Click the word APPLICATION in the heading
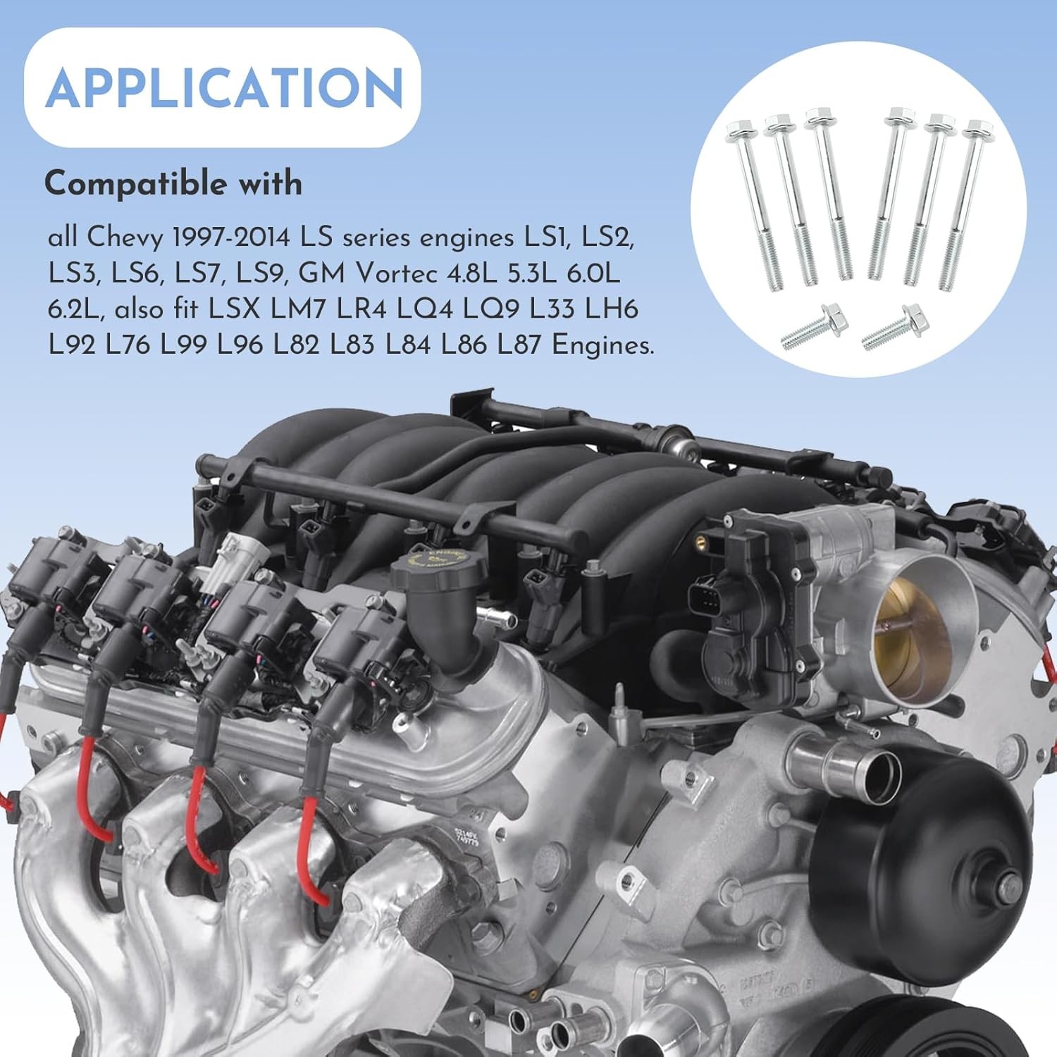pyautogui.click(x=224, y=88)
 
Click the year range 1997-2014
pyautogui.click(x=231, y=237)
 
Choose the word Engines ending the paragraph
pyautogui.click(x=603, y=346)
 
